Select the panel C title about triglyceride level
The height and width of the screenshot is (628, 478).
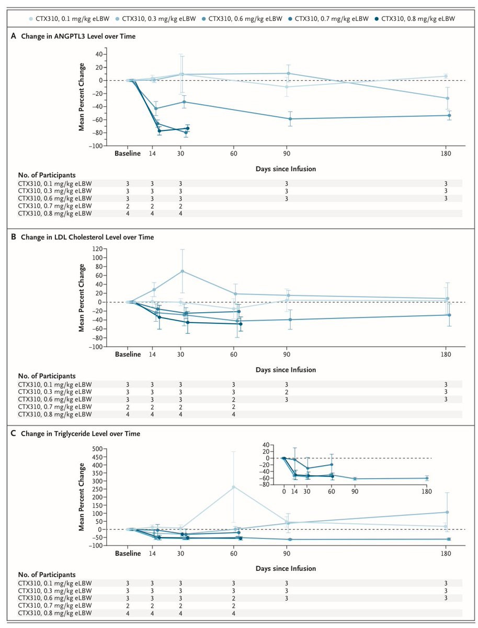point(79,434)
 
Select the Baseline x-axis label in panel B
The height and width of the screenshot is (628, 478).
point(128,354)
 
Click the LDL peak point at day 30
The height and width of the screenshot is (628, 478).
point(182,271)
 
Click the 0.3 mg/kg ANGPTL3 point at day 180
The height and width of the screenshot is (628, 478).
point(446,98)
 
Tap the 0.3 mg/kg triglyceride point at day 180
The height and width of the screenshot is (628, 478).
point(446,512)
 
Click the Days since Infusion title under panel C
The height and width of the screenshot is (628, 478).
point(286,568)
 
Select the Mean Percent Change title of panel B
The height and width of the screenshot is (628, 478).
point(82,299)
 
